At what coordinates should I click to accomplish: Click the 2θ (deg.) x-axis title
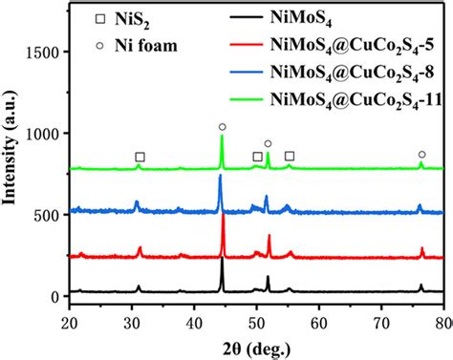click(255, 346)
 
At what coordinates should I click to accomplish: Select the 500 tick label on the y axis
click(45, 215)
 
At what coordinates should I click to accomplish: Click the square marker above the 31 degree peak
click(140, 157)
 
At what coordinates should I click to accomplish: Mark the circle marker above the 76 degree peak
click(421, 154)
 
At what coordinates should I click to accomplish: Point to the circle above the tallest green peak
click(222, 127)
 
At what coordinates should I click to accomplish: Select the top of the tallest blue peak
click(221, 176)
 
